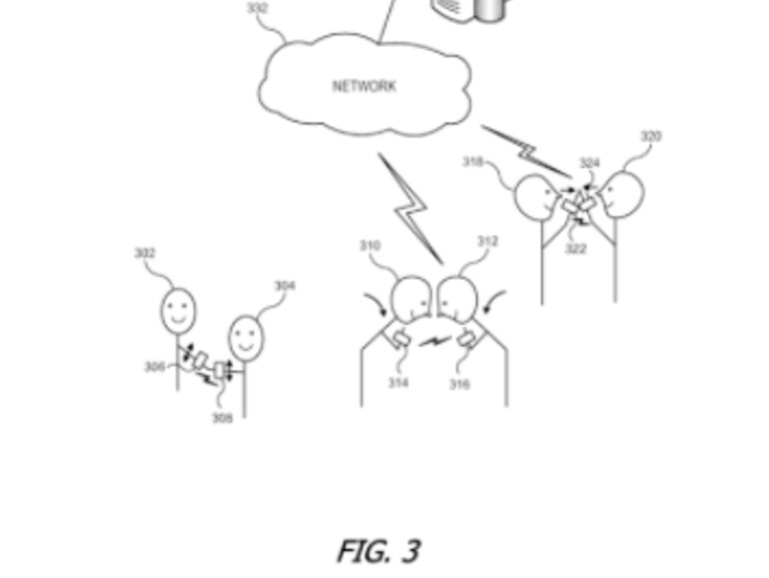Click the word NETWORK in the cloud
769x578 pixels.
tap(364, 86)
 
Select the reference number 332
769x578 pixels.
tap(257, 9)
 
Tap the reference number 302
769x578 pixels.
tap(145, 254)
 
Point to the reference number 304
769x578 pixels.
tap(285, 287)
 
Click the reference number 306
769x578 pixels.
tap(154, 367)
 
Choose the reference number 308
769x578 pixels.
tap(222, 418)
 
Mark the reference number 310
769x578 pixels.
tap(370, 246)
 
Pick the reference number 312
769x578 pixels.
tap(487, 242)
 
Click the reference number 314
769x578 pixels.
tap(398, 383)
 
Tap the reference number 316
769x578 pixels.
tap(459, 384)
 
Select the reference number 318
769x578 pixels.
tap(473, 162)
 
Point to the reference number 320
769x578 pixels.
tap(650, 137)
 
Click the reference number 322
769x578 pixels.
tap(575, 248)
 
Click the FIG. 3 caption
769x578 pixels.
tap(378, 550)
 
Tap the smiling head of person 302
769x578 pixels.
tap(178, 310)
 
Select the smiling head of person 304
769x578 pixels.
tap(247, 338)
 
